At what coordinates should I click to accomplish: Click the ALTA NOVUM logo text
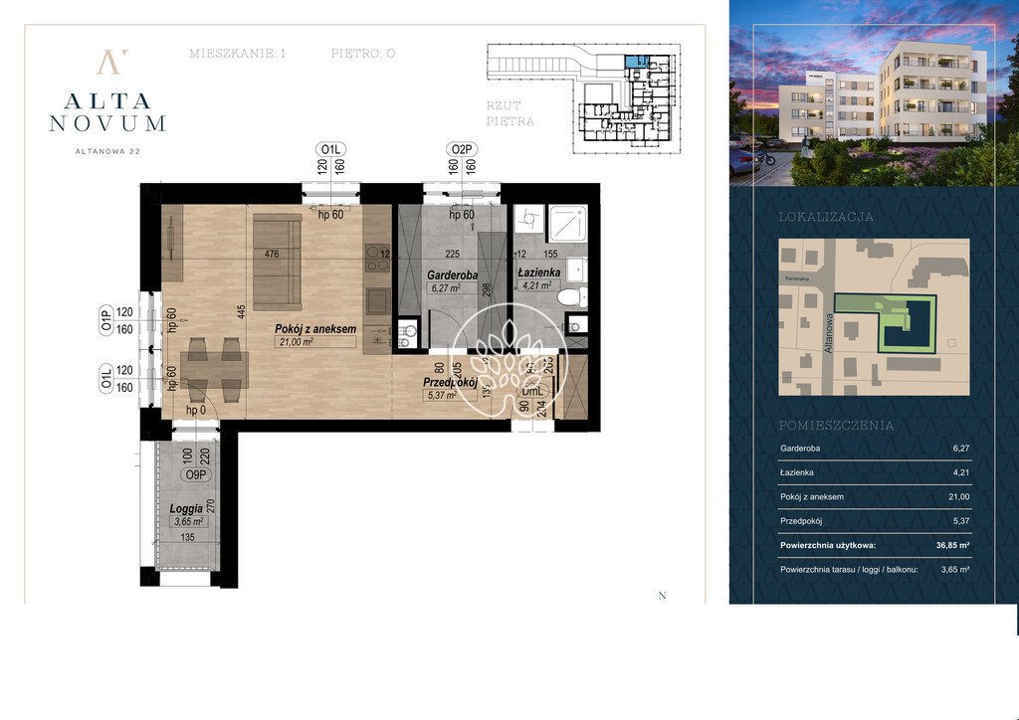pos(107,111)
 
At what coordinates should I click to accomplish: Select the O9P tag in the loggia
pos(196,475)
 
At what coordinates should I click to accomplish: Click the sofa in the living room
pos(277,261)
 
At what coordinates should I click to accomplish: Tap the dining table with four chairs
pos(214,371)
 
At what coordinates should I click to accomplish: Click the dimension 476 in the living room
pos(272,255)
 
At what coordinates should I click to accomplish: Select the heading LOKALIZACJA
pos(825,216)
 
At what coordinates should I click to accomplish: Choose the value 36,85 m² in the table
pos(949,545)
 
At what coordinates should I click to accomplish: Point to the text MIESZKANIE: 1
pos(237,54)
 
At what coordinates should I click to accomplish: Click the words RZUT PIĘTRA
pos(510,112)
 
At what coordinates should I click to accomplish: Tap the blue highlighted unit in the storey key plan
pos(634,62)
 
